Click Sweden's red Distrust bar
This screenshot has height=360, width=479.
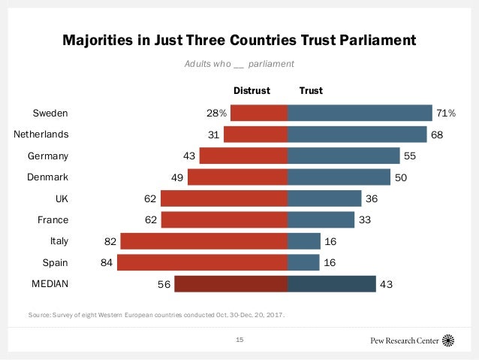(x=259, y=113)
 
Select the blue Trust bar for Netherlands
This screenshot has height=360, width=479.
(x=357, y=135)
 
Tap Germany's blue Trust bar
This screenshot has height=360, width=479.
(x=343, y=156)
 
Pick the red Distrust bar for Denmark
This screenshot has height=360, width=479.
(x=237, y=177)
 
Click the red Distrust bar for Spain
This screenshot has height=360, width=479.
(x=203, y=263)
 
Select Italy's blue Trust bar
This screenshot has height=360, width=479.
(x=304, y=241)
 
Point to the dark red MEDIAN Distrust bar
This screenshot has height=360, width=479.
(x=230, y=284)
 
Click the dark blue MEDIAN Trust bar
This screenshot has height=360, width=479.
(x=331, y=284)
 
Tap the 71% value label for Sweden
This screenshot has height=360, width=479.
(x=446, y=113)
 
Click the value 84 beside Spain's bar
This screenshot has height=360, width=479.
(x=104, y=263)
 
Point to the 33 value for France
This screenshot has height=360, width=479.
(x=366, y=220)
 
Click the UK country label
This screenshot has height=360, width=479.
(x=60, y=198)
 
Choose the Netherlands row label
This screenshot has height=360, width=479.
(x=41, y=135)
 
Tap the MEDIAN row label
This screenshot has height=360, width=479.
(x=50, y=284)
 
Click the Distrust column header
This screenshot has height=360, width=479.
(x=252, y=90)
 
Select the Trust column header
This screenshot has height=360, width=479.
(x=311, y=90)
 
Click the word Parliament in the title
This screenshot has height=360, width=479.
(x=369, y=39)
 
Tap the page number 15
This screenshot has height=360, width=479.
(x=240, y=340)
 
